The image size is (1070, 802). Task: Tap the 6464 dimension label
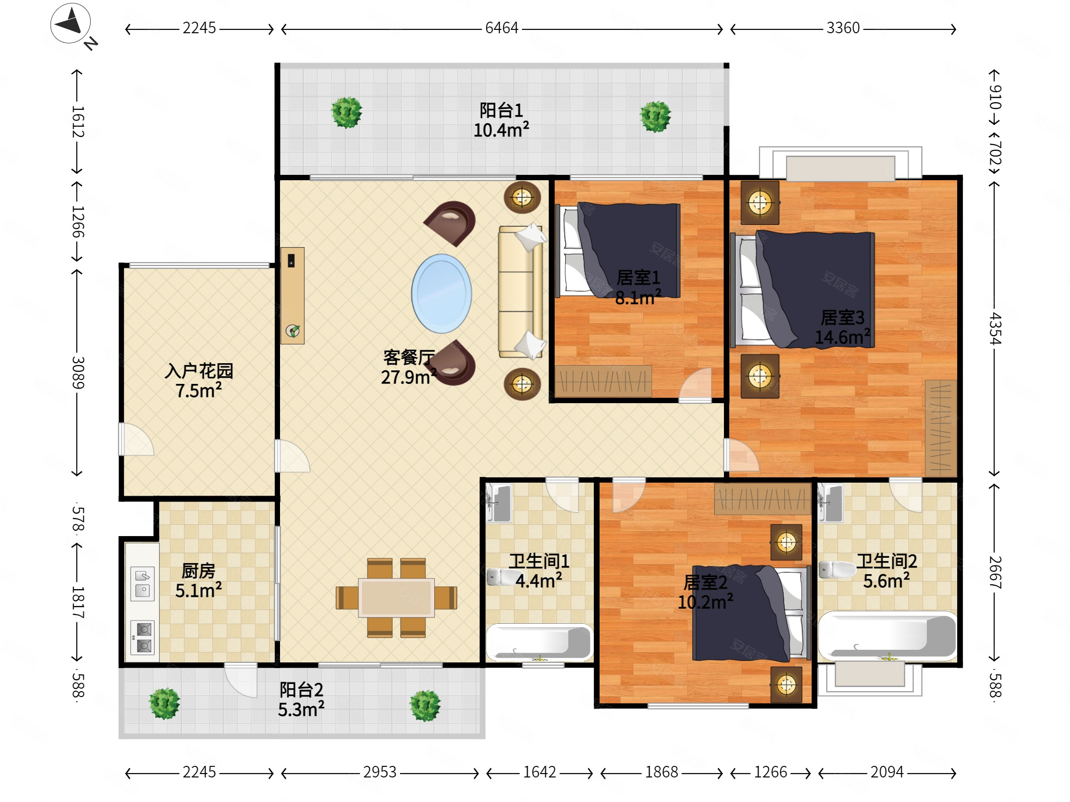502,28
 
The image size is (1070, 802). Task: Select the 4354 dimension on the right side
994,328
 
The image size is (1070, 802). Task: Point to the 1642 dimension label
539,772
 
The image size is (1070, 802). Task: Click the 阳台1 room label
501,110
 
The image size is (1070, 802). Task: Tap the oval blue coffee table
441,293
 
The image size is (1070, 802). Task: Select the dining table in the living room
396,597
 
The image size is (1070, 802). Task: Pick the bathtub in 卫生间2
887,636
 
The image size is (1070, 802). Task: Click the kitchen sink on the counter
142,583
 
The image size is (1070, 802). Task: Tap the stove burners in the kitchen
143,638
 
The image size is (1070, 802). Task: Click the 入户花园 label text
199,371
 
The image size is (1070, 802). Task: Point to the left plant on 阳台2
164,703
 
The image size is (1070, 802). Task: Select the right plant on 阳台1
655,117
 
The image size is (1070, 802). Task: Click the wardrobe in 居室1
603,381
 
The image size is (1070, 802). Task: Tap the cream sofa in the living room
521,292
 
